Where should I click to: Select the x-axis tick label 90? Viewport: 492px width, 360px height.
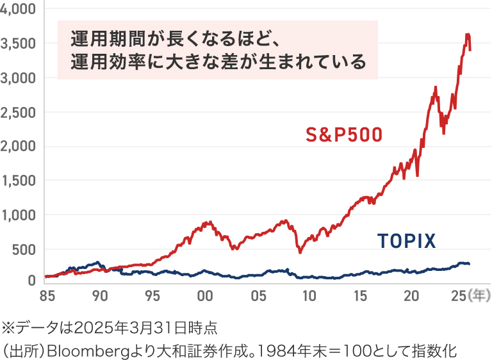pyautogui.click(x=100, y=296)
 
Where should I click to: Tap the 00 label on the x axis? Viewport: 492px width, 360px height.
pyautogui.click(x=204, y=296)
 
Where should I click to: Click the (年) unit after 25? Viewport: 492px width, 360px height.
pyautogui.click(x=479, y=296)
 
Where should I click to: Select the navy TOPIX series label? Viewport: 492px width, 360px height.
pyautogui.click(x=406, y=241)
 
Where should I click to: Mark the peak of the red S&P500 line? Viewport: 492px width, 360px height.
pyautogui.click(x=468, y=34)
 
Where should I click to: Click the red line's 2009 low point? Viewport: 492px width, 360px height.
pyautogui.click(x=300, y=252)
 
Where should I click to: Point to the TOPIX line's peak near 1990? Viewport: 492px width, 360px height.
pyautogui.click(x=97, y=262)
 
